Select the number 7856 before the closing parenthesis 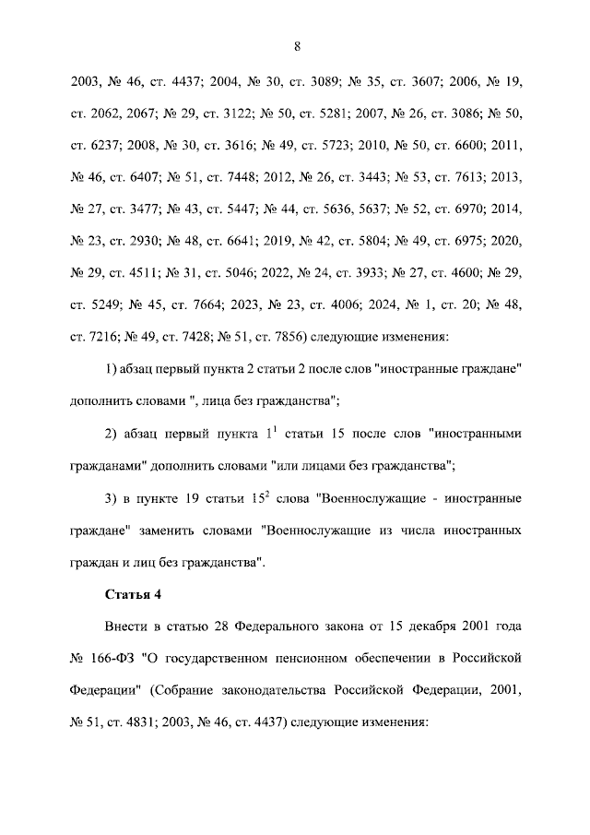[x=283, y=338]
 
